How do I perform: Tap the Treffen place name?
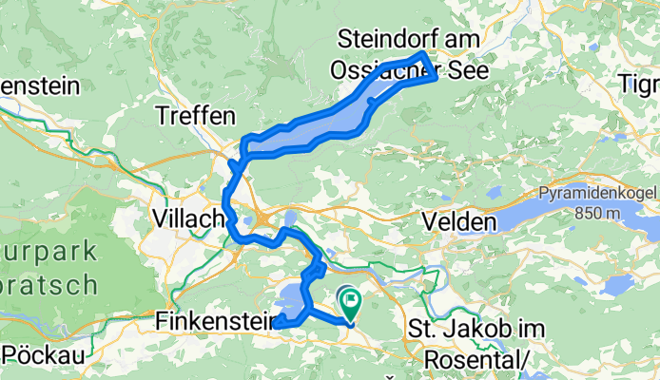click(x=195, y=117)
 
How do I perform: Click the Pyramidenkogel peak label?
click(x=599, y=193)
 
